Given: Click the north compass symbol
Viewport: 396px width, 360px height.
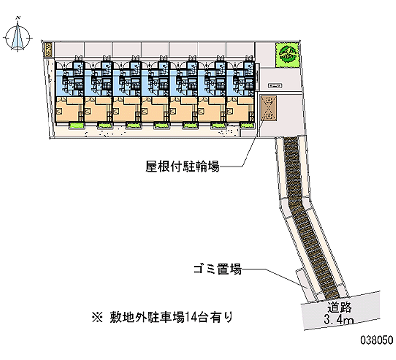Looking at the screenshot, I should (18, 37).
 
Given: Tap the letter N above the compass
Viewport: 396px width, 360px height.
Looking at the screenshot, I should (18, 18).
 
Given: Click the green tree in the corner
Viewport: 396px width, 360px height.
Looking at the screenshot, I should (288, 53).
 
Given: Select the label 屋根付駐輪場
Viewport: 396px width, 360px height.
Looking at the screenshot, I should (182, 167).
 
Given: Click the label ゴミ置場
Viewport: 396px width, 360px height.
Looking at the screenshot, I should (217, 270).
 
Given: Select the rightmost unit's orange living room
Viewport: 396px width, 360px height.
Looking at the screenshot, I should (241, 109).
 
